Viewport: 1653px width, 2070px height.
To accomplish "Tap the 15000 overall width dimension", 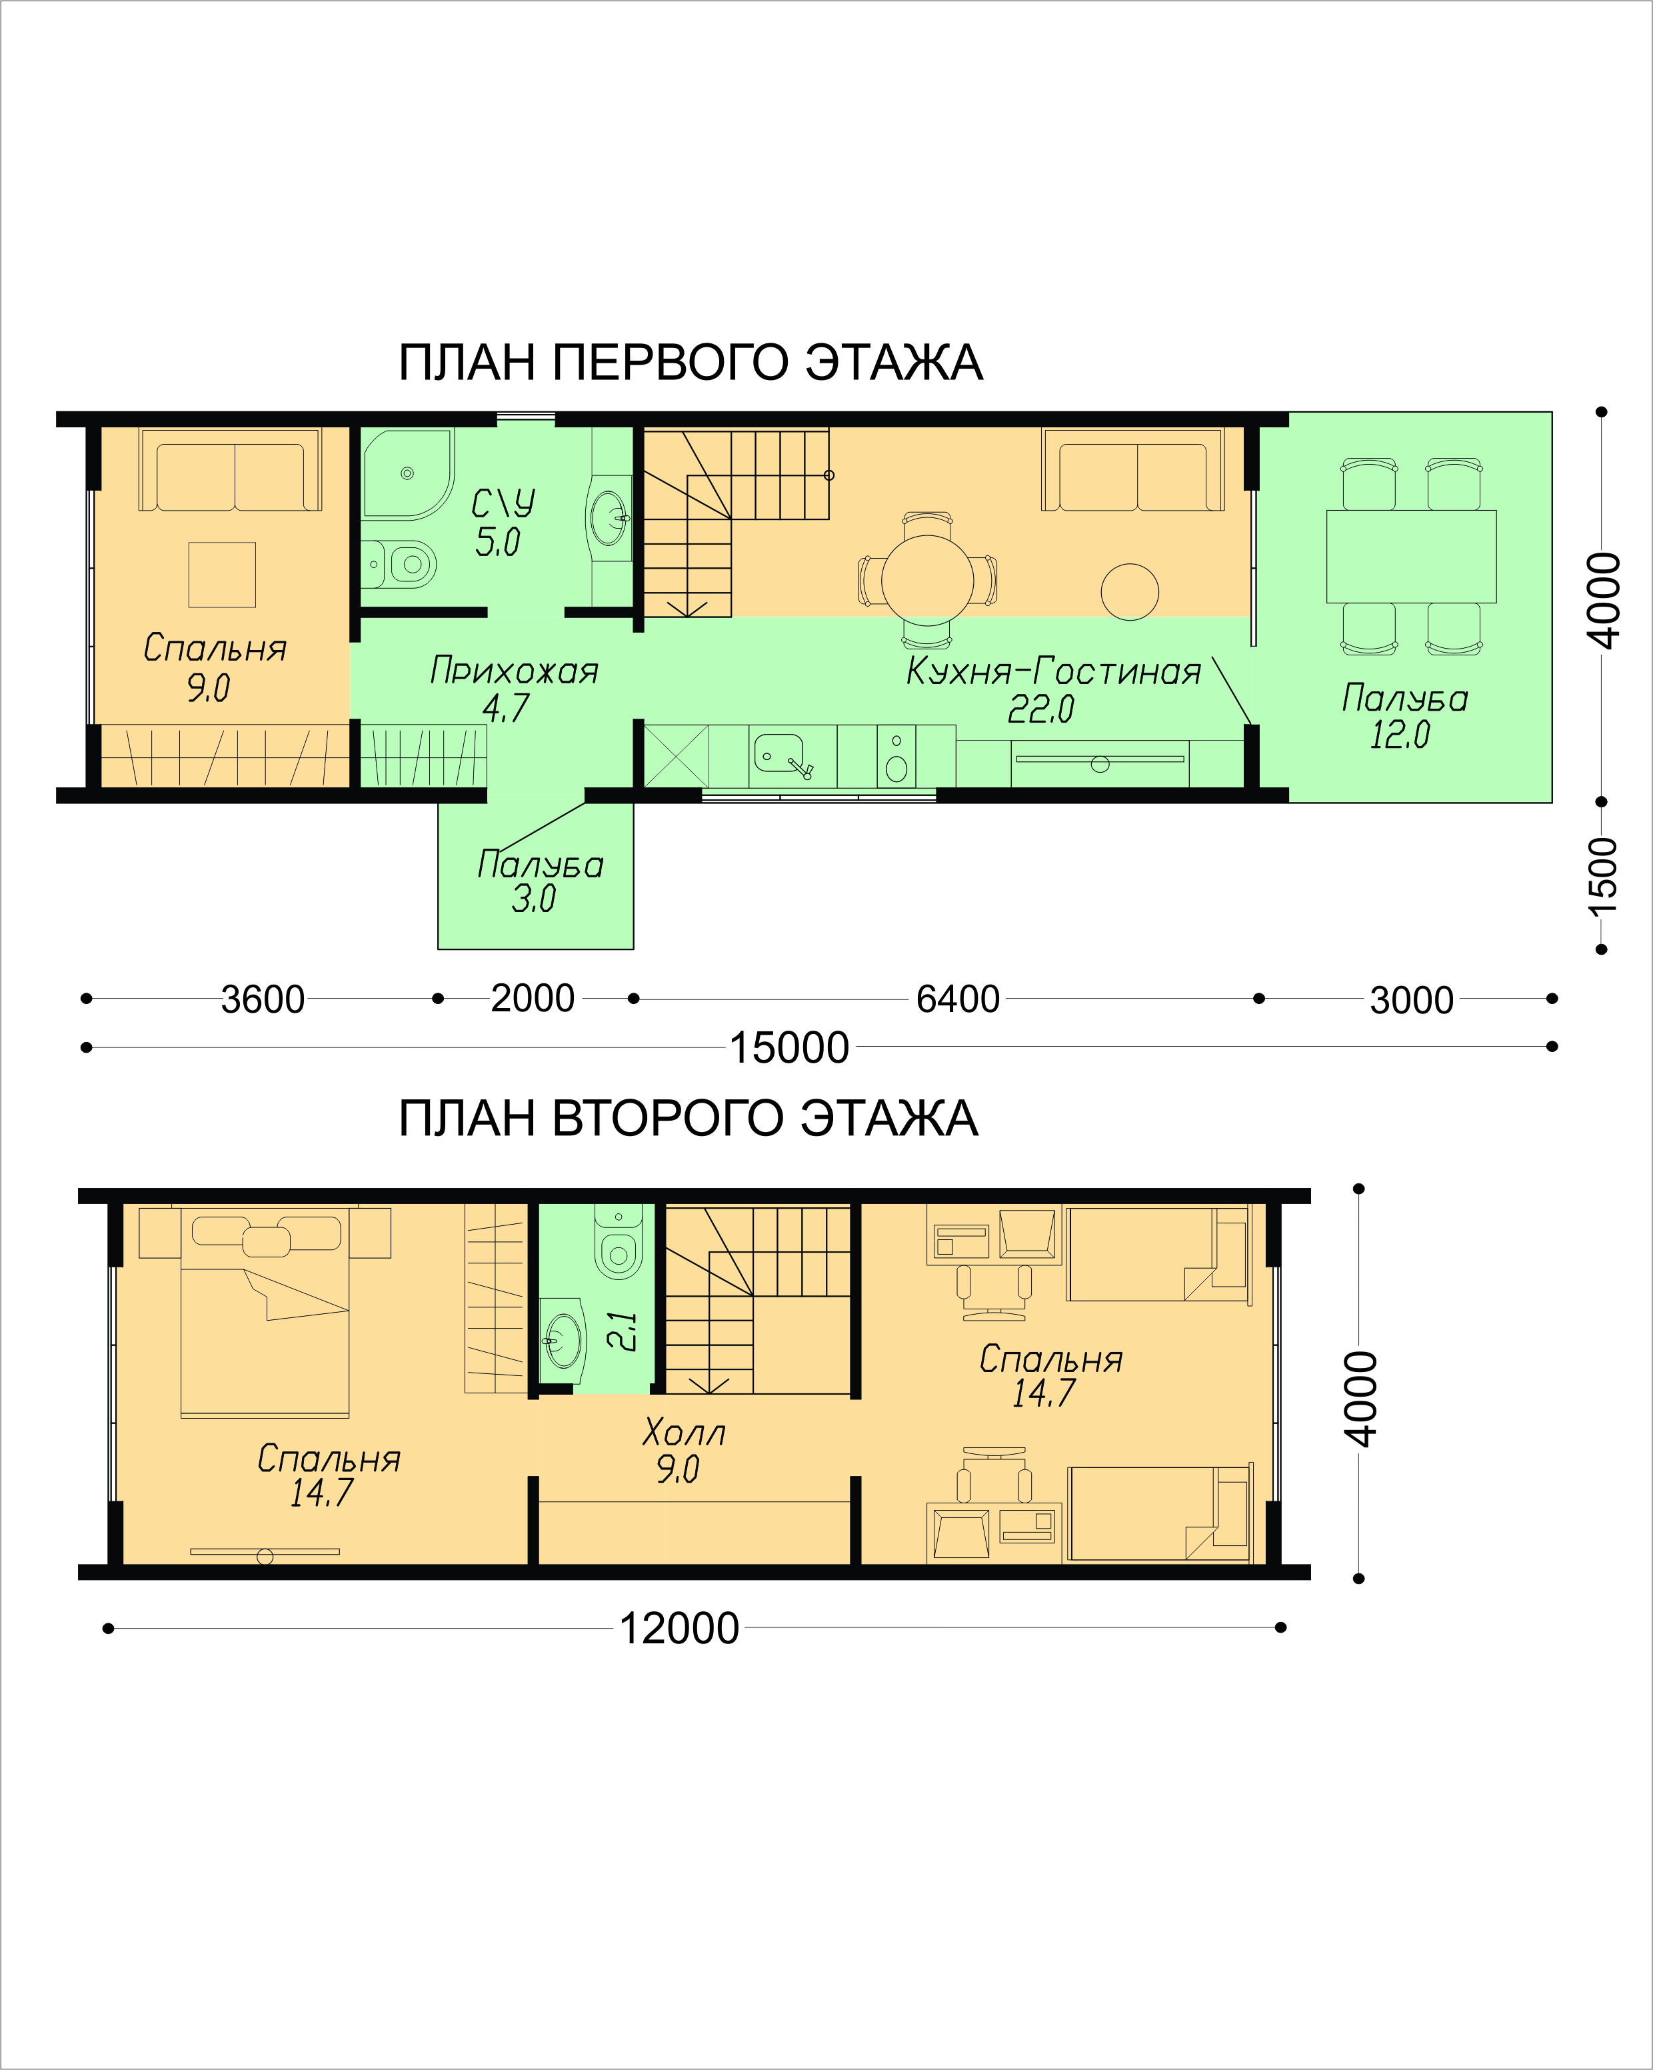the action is pos(789,1047).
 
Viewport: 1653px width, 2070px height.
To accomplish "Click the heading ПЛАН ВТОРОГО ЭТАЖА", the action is pos(689,1119).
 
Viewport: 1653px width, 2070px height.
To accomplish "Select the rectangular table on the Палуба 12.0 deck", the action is pos(1411,557).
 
